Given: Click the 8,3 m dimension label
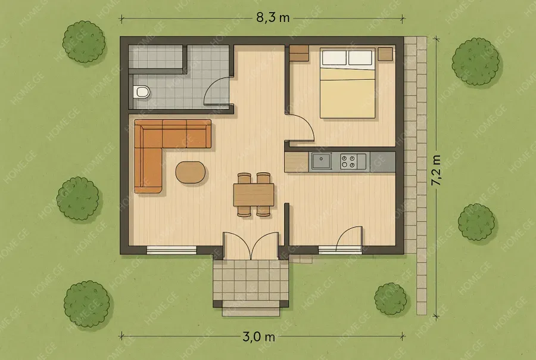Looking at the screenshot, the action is (x=273, y=18).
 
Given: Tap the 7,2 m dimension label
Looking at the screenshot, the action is (x=436, y=170).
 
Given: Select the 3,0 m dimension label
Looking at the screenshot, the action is (x=259, y=337).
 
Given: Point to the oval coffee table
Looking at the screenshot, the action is (x=191, y=172).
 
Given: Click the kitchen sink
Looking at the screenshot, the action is (x=321, y=161).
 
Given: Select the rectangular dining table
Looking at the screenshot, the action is (x=254, y=194).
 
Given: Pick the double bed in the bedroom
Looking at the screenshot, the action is (x=347, y=83).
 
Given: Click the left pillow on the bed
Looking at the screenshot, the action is (x=334, y=57).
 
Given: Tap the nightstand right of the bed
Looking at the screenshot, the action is (x=385, y=54).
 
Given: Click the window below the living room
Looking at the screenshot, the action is (x=172, y=250).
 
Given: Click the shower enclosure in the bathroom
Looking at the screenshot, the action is (x=158, y=57).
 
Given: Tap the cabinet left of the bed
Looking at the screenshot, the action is (x=299, y=54).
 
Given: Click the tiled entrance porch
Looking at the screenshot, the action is (x=251, y=280).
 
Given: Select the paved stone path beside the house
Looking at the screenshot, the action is (x=416, y=175).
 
